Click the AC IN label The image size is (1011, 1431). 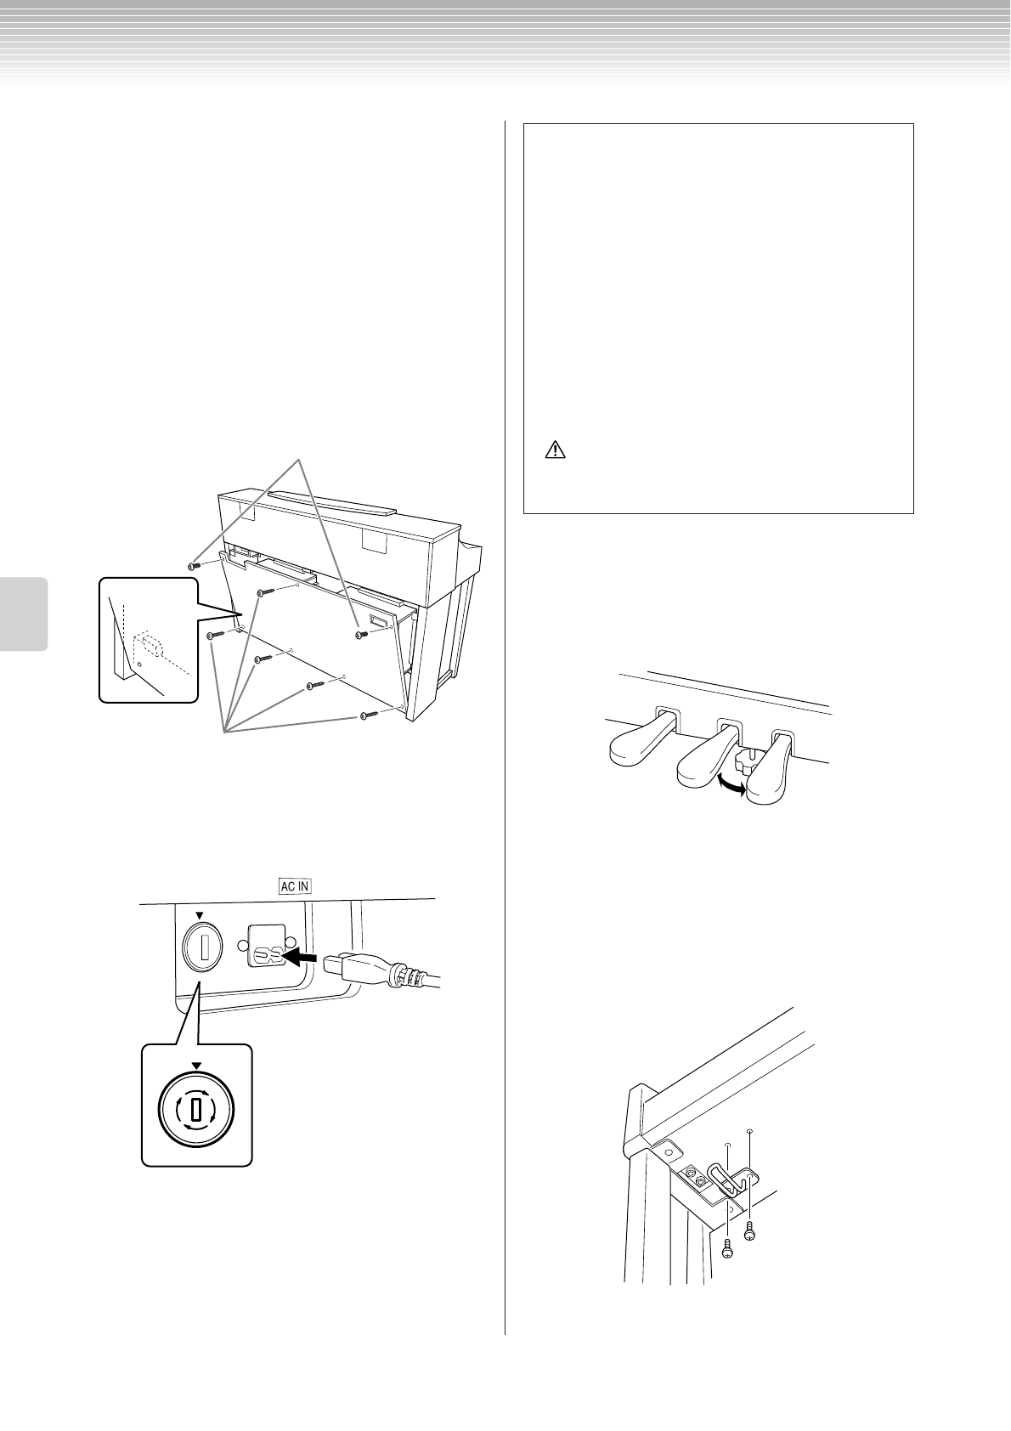click(295, 885)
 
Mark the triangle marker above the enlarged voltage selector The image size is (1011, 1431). click(197, 1065)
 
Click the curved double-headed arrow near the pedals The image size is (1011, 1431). click(731, 784)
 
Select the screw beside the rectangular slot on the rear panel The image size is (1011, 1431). click(361, 634)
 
